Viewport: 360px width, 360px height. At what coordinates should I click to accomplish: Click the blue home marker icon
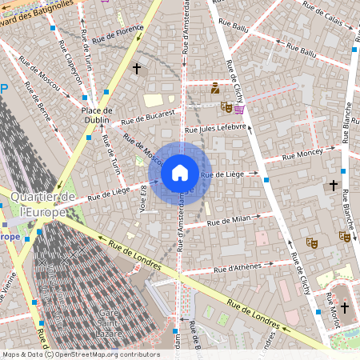click(x=180, y=172)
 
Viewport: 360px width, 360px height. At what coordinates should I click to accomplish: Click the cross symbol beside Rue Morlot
click(x=345, y=307)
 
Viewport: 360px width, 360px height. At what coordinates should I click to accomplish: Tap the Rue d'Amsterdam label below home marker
click(x=180, y=233)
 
